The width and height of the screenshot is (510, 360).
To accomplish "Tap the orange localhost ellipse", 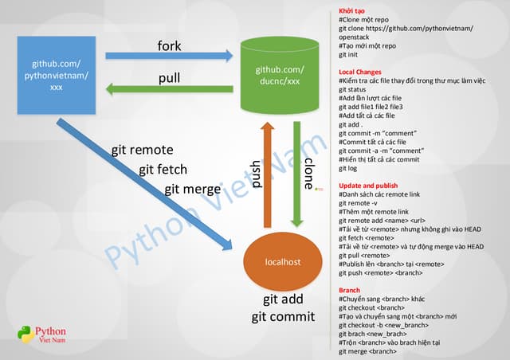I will tap(283, 261).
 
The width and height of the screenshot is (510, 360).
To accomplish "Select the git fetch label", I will tap(167, 169).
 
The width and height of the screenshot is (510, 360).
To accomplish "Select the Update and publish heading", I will tap(368, 186).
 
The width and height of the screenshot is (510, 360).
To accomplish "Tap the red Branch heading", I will tap(350, 290).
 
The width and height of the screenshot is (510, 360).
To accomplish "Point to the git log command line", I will tap(348, 169).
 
